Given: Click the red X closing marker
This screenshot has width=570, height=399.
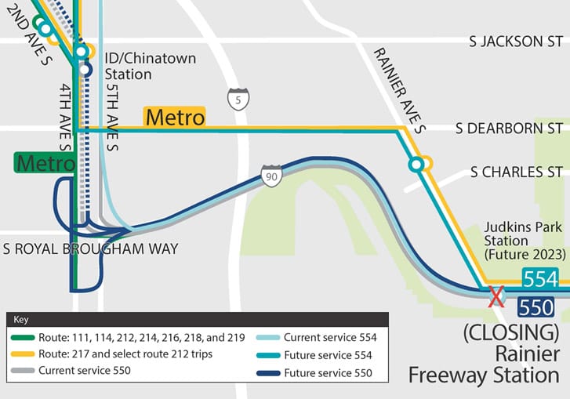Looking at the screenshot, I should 496,296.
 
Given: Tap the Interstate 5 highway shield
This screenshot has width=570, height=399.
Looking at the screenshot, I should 238,99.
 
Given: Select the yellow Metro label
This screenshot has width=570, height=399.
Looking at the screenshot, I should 175,118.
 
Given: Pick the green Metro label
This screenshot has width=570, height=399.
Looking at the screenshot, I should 45,163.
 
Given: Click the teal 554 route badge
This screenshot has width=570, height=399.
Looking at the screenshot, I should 540,279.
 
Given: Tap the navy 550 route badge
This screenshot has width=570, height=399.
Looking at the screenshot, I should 536,307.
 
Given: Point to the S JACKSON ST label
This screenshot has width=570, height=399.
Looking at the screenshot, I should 516,41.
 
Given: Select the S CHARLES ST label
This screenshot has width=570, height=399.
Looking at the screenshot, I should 516,172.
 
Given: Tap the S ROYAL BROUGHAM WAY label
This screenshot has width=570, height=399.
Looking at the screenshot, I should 90,249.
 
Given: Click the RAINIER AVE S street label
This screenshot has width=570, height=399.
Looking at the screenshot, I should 399,89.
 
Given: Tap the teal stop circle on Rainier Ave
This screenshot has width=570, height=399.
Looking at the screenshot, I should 416,165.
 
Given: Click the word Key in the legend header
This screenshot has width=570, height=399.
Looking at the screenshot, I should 21,320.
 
